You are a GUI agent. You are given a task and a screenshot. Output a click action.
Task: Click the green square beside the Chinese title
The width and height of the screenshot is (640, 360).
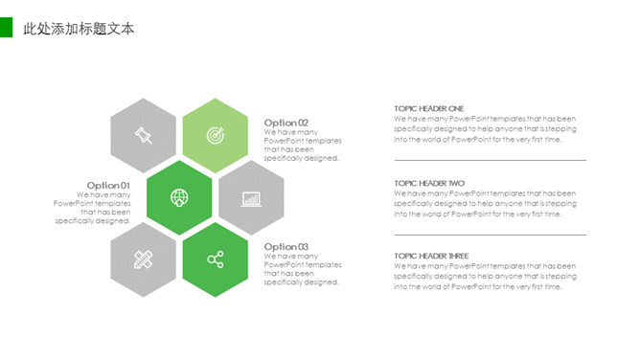(x=6, y=28)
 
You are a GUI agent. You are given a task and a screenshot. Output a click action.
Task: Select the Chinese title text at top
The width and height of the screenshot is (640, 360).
(x=79, y=29)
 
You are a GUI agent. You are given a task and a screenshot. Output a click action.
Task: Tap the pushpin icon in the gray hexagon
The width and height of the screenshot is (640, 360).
(x=144, y=135)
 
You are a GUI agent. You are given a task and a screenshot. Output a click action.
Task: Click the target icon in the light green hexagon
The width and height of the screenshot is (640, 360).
(x=216, y=135)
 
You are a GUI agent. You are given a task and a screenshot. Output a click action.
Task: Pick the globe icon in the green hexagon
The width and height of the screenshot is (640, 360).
(x=179, y=198)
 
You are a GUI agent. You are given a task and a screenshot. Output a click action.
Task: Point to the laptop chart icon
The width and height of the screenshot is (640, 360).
(x=251, y=199)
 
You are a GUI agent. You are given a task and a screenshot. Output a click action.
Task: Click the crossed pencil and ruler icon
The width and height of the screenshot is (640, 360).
(x=144, y=259)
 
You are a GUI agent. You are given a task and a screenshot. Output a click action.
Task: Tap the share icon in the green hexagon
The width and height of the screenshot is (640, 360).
(x=216, y=259)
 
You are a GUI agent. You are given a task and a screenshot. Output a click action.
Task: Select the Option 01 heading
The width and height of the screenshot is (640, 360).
(x=108, y=186)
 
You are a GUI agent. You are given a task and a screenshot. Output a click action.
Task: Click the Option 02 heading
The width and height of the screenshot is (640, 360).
(x=286, y=123)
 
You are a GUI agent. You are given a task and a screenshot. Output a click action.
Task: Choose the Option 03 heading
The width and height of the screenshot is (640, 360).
(x=286, y=247)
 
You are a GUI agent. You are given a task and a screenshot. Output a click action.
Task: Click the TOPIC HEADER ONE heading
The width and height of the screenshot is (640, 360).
(x=429, y=108)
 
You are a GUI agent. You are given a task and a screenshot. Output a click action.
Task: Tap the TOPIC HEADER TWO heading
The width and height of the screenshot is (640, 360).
(x=429, y=183)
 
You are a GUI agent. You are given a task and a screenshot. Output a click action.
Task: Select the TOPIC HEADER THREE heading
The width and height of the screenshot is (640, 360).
(x=431, y=256)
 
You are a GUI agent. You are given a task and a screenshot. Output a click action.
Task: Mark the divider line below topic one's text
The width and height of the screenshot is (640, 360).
(x=491, y=160)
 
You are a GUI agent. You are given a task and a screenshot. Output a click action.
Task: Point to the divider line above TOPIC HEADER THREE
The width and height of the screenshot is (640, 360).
(x=491, y=235)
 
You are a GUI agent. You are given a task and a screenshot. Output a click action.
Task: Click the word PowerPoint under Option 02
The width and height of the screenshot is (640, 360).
(x=281, y=141)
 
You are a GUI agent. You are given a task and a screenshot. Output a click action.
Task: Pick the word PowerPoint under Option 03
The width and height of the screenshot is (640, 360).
(x=281, y=264)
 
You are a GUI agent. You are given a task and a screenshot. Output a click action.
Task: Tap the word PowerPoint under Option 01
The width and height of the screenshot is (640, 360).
(x=70, y=203)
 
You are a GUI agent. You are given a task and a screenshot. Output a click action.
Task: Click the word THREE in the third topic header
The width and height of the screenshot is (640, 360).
(x=458, y=256)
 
